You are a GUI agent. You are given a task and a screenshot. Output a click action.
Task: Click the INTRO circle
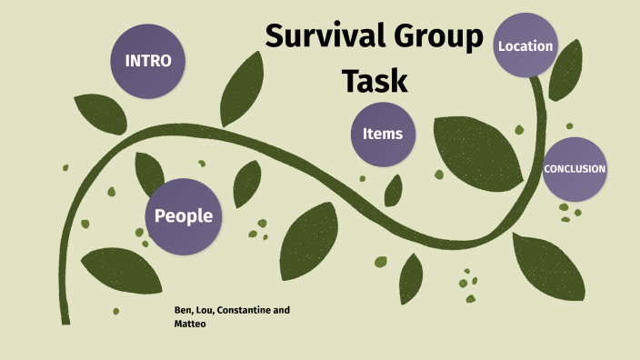(x=147, y=62)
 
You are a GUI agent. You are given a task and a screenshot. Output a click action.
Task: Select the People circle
(x=184, y=215)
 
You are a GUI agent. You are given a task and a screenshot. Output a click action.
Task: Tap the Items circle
(x=382, y=134)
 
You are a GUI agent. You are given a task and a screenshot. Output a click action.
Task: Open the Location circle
(x=525, y=45)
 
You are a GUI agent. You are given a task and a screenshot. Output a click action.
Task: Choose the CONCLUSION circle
(x=574, y=169)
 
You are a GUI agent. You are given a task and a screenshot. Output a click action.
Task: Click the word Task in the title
(x=374, y=80)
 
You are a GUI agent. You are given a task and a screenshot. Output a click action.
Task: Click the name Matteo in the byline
(x=190, y=324)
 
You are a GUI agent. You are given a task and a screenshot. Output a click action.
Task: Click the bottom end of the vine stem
(x=65, y=318)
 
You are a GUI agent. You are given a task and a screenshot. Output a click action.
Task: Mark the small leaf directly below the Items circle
(x=394, y=189)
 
